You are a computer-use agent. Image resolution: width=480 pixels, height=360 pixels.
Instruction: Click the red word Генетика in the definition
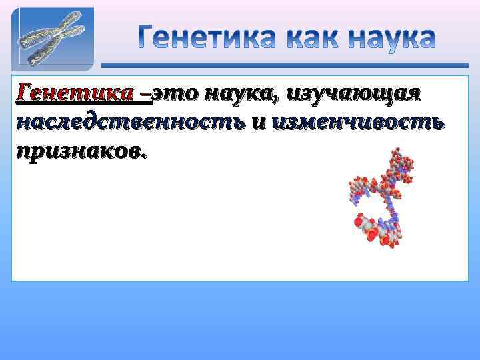coord(77,94)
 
